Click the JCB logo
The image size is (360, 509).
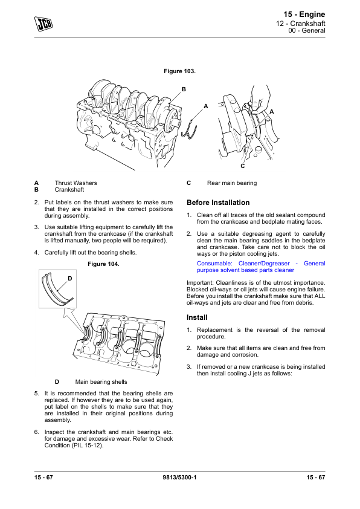pos(43,24)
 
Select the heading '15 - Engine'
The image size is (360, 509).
pos(304,15)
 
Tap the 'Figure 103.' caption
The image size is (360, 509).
pos(179,71)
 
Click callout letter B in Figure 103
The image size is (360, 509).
pos(184,89)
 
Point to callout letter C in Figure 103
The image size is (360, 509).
pos(243,166)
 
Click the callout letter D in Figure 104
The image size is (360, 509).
pos(69,279)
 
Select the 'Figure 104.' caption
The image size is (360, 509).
pos(103,264)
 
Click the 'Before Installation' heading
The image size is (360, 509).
pos(218,203)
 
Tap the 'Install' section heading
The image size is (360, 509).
pos(197,317)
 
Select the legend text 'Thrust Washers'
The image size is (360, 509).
pos(76,183)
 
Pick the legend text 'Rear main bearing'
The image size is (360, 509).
pos(232,183)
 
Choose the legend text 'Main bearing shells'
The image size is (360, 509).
pos(101,382)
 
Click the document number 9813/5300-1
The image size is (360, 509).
pos(179,477)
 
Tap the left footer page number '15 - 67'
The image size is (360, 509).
pos(43,477)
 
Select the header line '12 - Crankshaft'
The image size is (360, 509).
pos(301,24)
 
